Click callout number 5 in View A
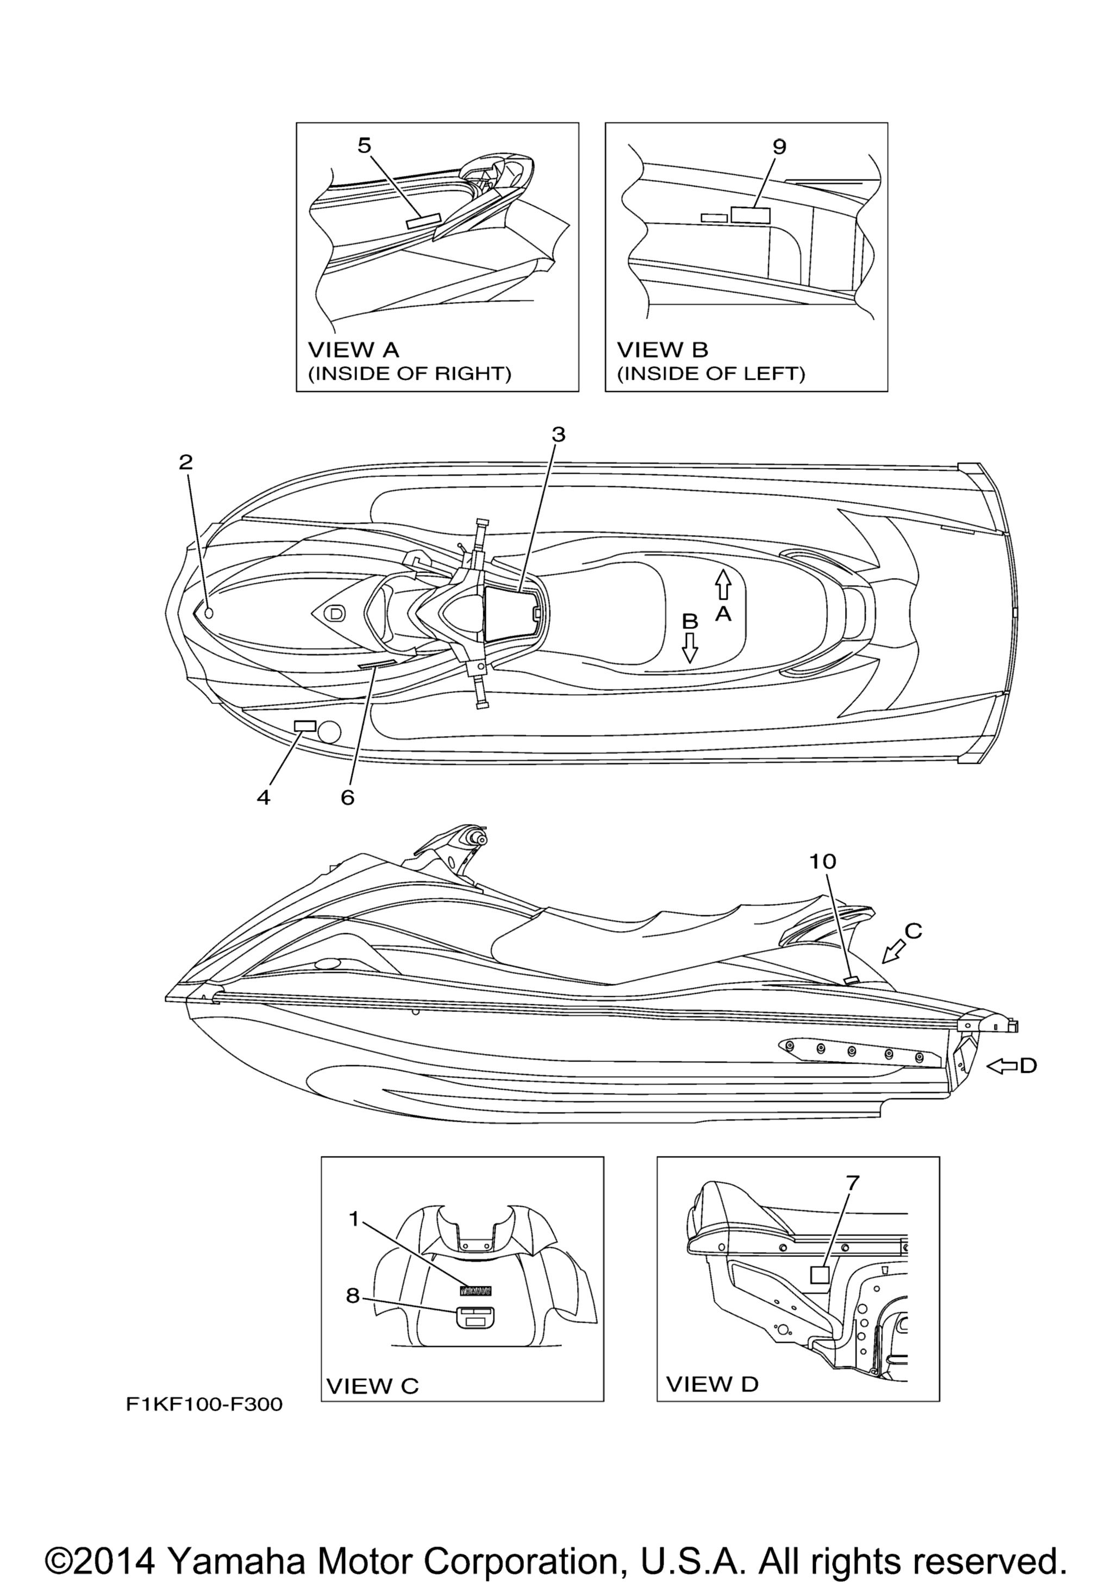364,146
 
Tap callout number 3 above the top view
558,434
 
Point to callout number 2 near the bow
186,462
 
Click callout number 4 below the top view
264,797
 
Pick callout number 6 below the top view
347,797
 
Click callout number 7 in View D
853,1183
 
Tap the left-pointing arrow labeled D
1003,1066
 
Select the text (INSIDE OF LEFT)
711,374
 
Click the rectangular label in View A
424,221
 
